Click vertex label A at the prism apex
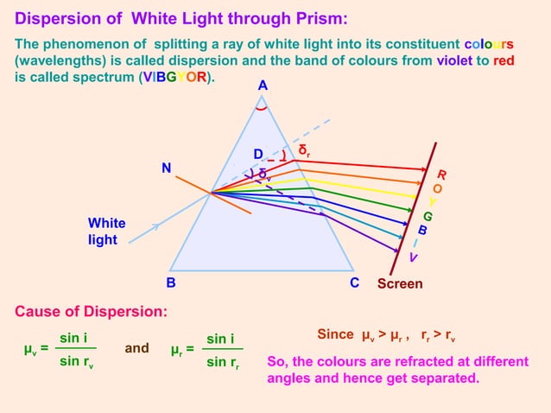coord(263,86)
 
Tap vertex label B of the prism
coord(171,283)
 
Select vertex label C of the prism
coord(355,283)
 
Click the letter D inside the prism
coord(257,155)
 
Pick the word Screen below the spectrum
coord(400,283)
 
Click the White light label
coord(106,232)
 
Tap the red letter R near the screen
coord(441,174)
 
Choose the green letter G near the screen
coord(427,216)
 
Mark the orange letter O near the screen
coord(437,187)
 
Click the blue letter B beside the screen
coord(422,231)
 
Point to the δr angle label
coord(304,150)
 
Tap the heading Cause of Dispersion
coord(92,311)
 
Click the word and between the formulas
coord(136,349)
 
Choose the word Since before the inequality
coord(336,334)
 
